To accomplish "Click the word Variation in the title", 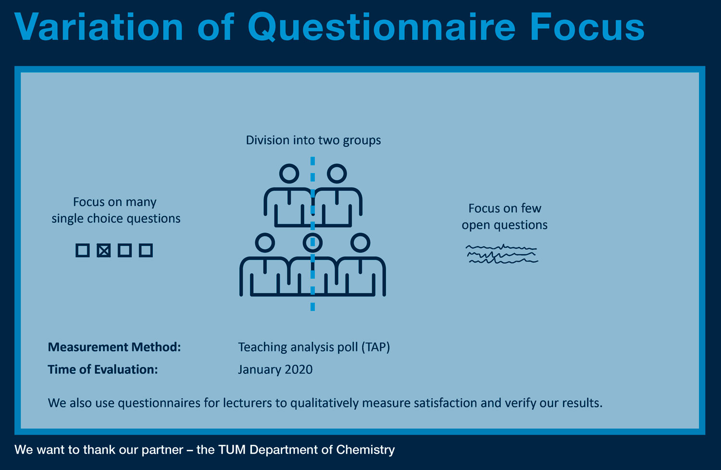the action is tap(99, 27).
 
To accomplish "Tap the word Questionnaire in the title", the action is tap(382, 27).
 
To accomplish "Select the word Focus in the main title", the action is tap(587, 27).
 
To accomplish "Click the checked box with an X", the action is tap(104, 250).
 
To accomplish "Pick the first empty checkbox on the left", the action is tap(82, 250).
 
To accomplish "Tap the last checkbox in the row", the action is tap(146, 250).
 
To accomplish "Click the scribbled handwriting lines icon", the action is tap(502, 254).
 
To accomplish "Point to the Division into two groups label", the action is tap(313, 140).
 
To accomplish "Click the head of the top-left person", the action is tap(289, 174).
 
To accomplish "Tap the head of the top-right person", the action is tap(336, 174).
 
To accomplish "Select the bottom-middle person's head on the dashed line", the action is tap(312, 243).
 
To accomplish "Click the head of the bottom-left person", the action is tap(265, 243).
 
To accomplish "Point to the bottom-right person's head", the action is tap(360, 243).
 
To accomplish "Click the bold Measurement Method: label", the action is tap(114, 347).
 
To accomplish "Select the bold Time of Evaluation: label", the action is tap(103, 370).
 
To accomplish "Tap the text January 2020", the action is tap(275, 370).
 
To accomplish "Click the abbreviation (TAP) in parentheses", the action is tap(375, 347).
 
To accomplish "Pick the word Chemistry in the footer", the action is tap(365, 450).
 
